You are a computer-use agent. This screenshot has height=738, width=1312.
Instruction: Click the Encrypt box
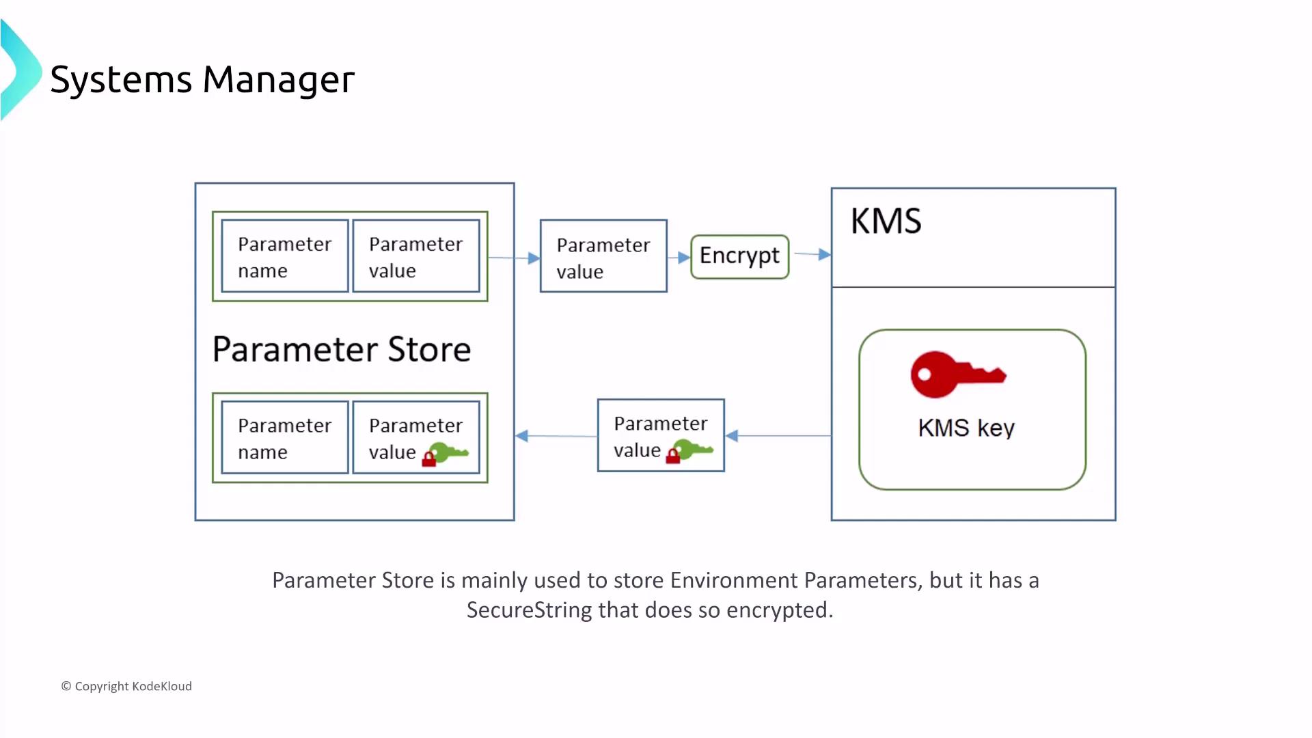click(739, 256)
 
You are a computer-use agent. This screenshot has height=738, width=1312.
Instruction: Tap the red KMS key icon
click(957, 374)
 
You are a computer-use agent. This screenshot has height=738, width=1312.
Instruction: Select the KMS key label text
click(966, 428)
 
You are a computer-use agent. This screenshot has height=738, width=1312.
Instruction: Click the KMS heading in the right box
click(886, 221)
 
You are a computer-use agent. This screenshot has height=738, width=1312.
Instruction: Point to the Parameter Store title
click(342, 349)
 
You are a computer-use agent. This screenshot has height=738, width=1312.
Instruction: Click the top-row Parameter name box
click(285, 256)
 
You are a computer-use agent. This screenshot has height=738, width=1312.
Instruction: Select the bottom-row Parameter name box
click(285, 438)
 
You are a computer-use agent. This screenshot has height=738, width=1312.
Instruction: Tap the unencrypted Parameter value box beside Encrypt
click(603, 256)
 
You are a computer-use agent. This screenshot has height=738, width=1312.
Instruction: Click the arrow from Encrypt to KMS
click(812, 254)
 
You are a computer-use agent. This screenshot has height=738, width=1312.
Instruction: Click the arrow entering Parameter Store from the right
click(555, 436)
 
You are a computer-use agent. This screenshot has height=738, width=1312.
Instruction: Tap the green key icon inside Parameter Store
click(450, 452)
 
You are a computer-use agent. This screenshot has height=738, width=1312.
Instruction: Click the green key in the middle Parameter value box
click(694, 450)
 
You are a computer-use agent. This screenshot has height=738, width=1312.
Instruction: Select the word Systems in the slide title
click(121, 79)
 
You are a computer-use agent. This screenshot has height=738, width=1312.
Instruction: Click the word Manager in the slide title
click(279, 79)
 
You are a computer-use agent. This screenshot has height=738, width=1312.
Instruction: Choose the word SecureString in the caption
click(529, 610)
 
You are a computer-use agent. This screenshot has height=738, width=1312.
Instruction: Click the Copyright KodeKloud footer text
click(127, 686)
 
